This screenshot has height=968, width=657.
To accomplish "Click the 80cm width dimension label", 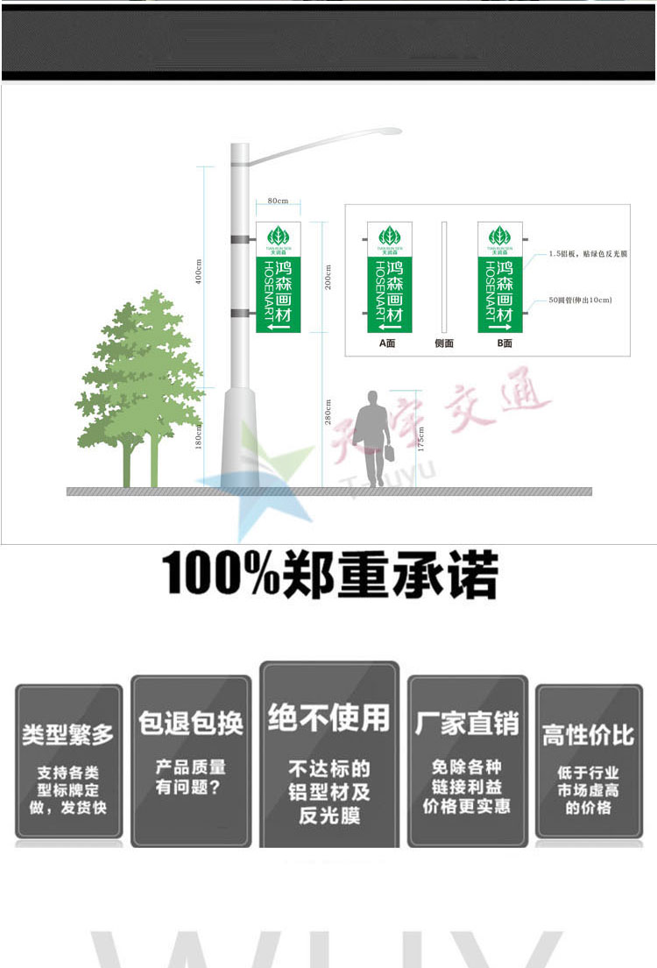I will (278, 201).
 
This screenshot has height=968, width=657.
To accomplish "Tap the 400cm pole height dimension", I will (198, 271).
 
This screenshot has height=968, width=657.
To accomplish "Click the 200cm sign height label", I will (328, 277).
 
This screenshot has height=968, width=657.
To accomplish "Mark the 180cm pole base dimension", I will (198, 435).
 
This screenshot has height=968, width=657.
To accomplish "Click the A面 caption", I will (387, 343).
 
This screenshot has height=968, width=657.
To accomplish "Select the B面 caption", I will (505, 343).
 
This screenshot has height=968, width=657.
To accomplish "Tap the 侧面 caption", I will (444, 343).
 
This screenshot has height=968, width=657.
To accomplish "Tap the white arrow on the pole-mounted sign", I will (279, 327).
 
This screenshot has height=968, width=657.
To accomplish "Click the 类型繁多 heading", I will (68, 734).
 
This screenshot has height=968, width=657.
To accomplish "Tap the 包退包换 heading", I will (191, 723).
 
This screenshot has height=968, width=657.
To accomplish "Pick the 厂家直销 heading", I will (467, 723).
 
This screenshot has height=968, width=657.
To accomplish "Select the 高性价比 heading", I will (588, 734).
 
